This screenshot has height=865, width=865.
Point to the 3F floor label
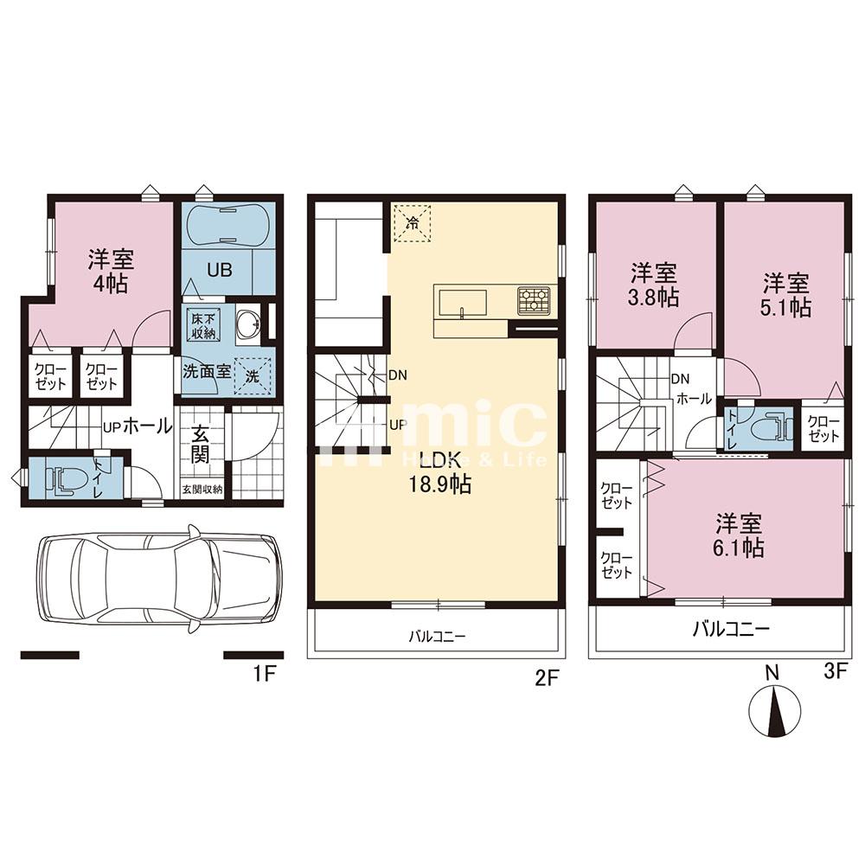[x=832, y=671]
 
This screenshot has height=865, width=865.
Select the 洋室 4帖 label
[x=112, y=270]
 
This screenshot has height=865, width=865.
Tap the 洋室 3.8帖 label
[x=653, y=285]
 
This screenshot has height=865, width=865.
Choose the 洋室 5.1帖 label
[x=785, y=295]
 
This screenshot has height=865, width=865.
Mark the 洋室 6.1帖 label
[x=739, y=535]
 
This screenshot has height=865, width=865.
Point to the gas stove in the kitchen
[x=533, y=301]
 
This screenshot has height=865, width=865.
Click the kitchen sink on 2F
[x=463, y=304]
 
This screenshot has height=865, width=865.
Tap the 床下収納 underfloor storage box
[x=203, y=327]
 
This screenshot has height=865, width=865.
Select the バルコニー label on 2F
[x=438, y=637]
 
